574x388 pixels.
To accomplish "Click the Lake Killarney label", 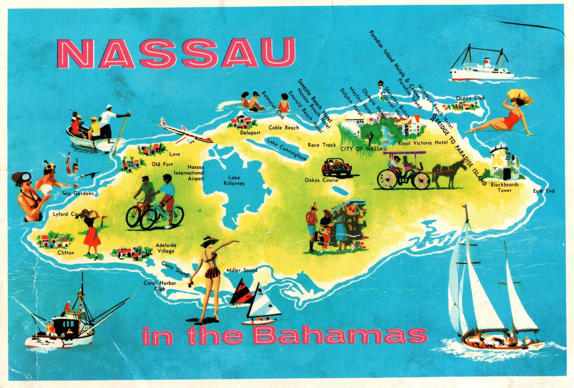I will pos(234,181).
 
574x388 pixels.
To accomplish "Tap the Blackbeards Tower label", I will pos(504,187).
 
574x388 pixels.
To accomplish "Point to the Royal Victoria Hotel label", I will pos(423,143).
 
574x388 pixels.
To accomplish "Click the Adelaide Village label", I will pos(166,248).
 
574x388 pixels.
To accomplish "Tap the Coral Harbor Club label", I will pos(160,286).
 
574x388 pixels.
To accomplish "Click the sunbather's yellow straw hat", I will pos(520,96).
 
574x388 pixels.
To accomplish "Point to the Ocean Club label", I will pos(470,98).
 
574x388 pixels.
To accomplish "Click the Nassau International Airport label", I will pos(190,173).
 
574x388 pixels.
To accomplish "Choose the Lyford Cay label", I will pos(66,214).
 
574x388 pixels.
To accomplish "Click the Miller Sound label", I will pos(242,270).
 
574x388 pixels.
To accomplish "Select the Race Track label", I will pos(321,145).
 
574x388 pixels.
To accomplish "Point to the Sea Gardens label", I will pos(78,193).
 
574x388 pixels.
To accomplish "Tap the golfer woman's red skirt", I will pos(93,237).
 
